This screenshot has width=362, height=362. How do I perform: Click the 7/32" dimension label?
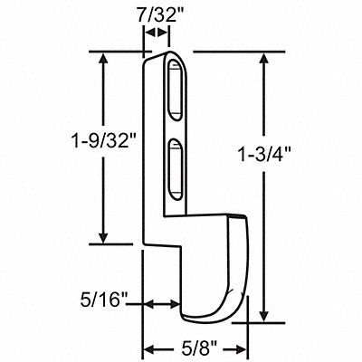[155, 14]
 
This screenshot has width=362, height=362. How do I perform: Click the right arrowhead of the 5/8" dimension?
[241, 346]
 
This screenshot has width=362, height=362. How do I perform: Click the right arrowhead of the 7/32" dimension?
[165, 33]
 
